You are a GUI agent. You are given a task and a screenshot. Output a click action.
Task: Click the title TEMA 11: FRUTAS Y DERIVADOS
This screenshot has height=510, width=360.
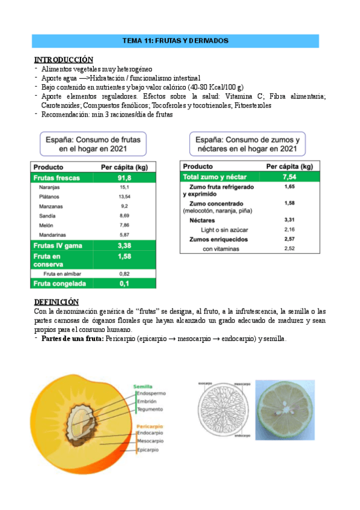(175, 41)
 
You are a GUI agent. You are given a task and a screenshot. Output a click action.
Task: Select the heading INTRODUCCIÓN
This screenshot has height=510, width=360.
(64, 60)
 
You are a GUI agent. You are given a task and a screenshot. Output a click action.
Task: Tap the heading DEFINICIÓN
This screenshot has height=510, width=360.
(57, 302)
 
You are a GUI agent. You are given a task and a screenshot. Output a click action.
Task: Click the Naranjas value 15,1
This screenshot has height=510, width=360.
(124, 188)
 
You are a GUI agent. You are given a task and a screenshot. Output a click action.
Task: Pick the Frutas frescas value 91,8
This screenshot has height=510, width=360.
(124, 178)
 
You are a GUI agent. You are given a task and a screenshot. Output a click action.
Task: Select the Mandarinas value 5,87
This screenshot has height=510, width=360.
(124, 234)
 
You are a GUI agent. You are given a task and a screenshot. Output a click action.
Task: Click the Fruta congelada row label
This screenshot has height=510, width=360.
(59, 283)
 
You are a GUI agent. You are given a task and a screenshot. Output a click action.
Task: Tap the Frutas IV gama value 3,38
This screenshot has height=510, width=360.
(124, 245)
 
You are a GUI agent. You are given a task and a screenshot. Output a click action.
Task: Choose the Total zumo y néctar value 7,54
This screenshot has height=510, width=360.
(289, 177)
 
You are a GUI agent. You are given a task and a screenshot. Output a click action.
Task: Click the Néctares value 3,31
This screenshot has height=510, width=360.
(289, 220)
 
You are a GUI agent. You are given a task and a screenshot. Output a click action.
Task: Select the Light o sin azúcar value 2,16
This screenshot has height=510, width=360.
(289, 230)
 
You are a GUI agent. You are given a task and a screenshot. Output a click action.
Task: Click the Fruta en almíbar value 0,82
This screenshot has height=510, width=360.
(124, 273)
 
